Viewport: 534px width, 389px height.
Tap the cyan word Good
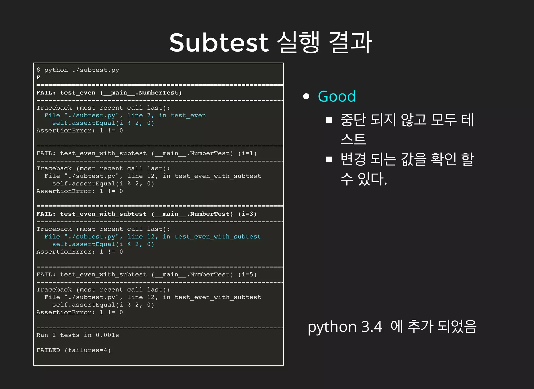pos(337,96)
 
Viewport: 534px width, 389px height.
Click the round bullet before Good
pos(306,96)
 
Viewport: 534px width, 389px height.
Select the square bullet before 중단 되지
pos(329,120)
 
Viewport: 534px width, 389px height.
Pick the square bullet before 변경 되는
pos(329,159)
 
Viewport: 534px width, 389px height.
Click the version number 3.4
pos(372,327)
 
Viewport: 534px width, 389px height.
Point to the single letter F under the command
pos(38,78)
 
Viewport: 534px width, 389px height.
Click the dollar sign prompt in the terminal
pos(38,70)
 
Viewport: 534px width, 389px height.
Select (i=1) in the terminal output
pos(247,153)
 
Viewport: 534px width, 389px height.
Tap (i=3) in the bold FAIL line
pos(247,214)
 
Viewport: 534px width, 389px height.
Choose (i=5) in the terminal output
pos(247,275)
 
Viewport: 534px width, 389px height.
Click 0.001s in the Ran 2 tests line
pos(107,335)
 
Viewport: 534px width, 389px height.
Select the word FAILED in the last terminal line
pos(48,350)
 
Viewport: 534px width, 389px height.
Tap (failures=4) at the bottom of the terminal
pos(88,350)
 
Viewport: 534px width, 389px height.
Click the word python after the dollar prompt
pos(56,70)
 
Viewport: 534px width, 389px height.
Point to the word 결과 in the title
pos(350,42)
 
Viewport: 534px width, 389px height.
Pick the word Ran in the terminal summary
pos(42,335)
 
